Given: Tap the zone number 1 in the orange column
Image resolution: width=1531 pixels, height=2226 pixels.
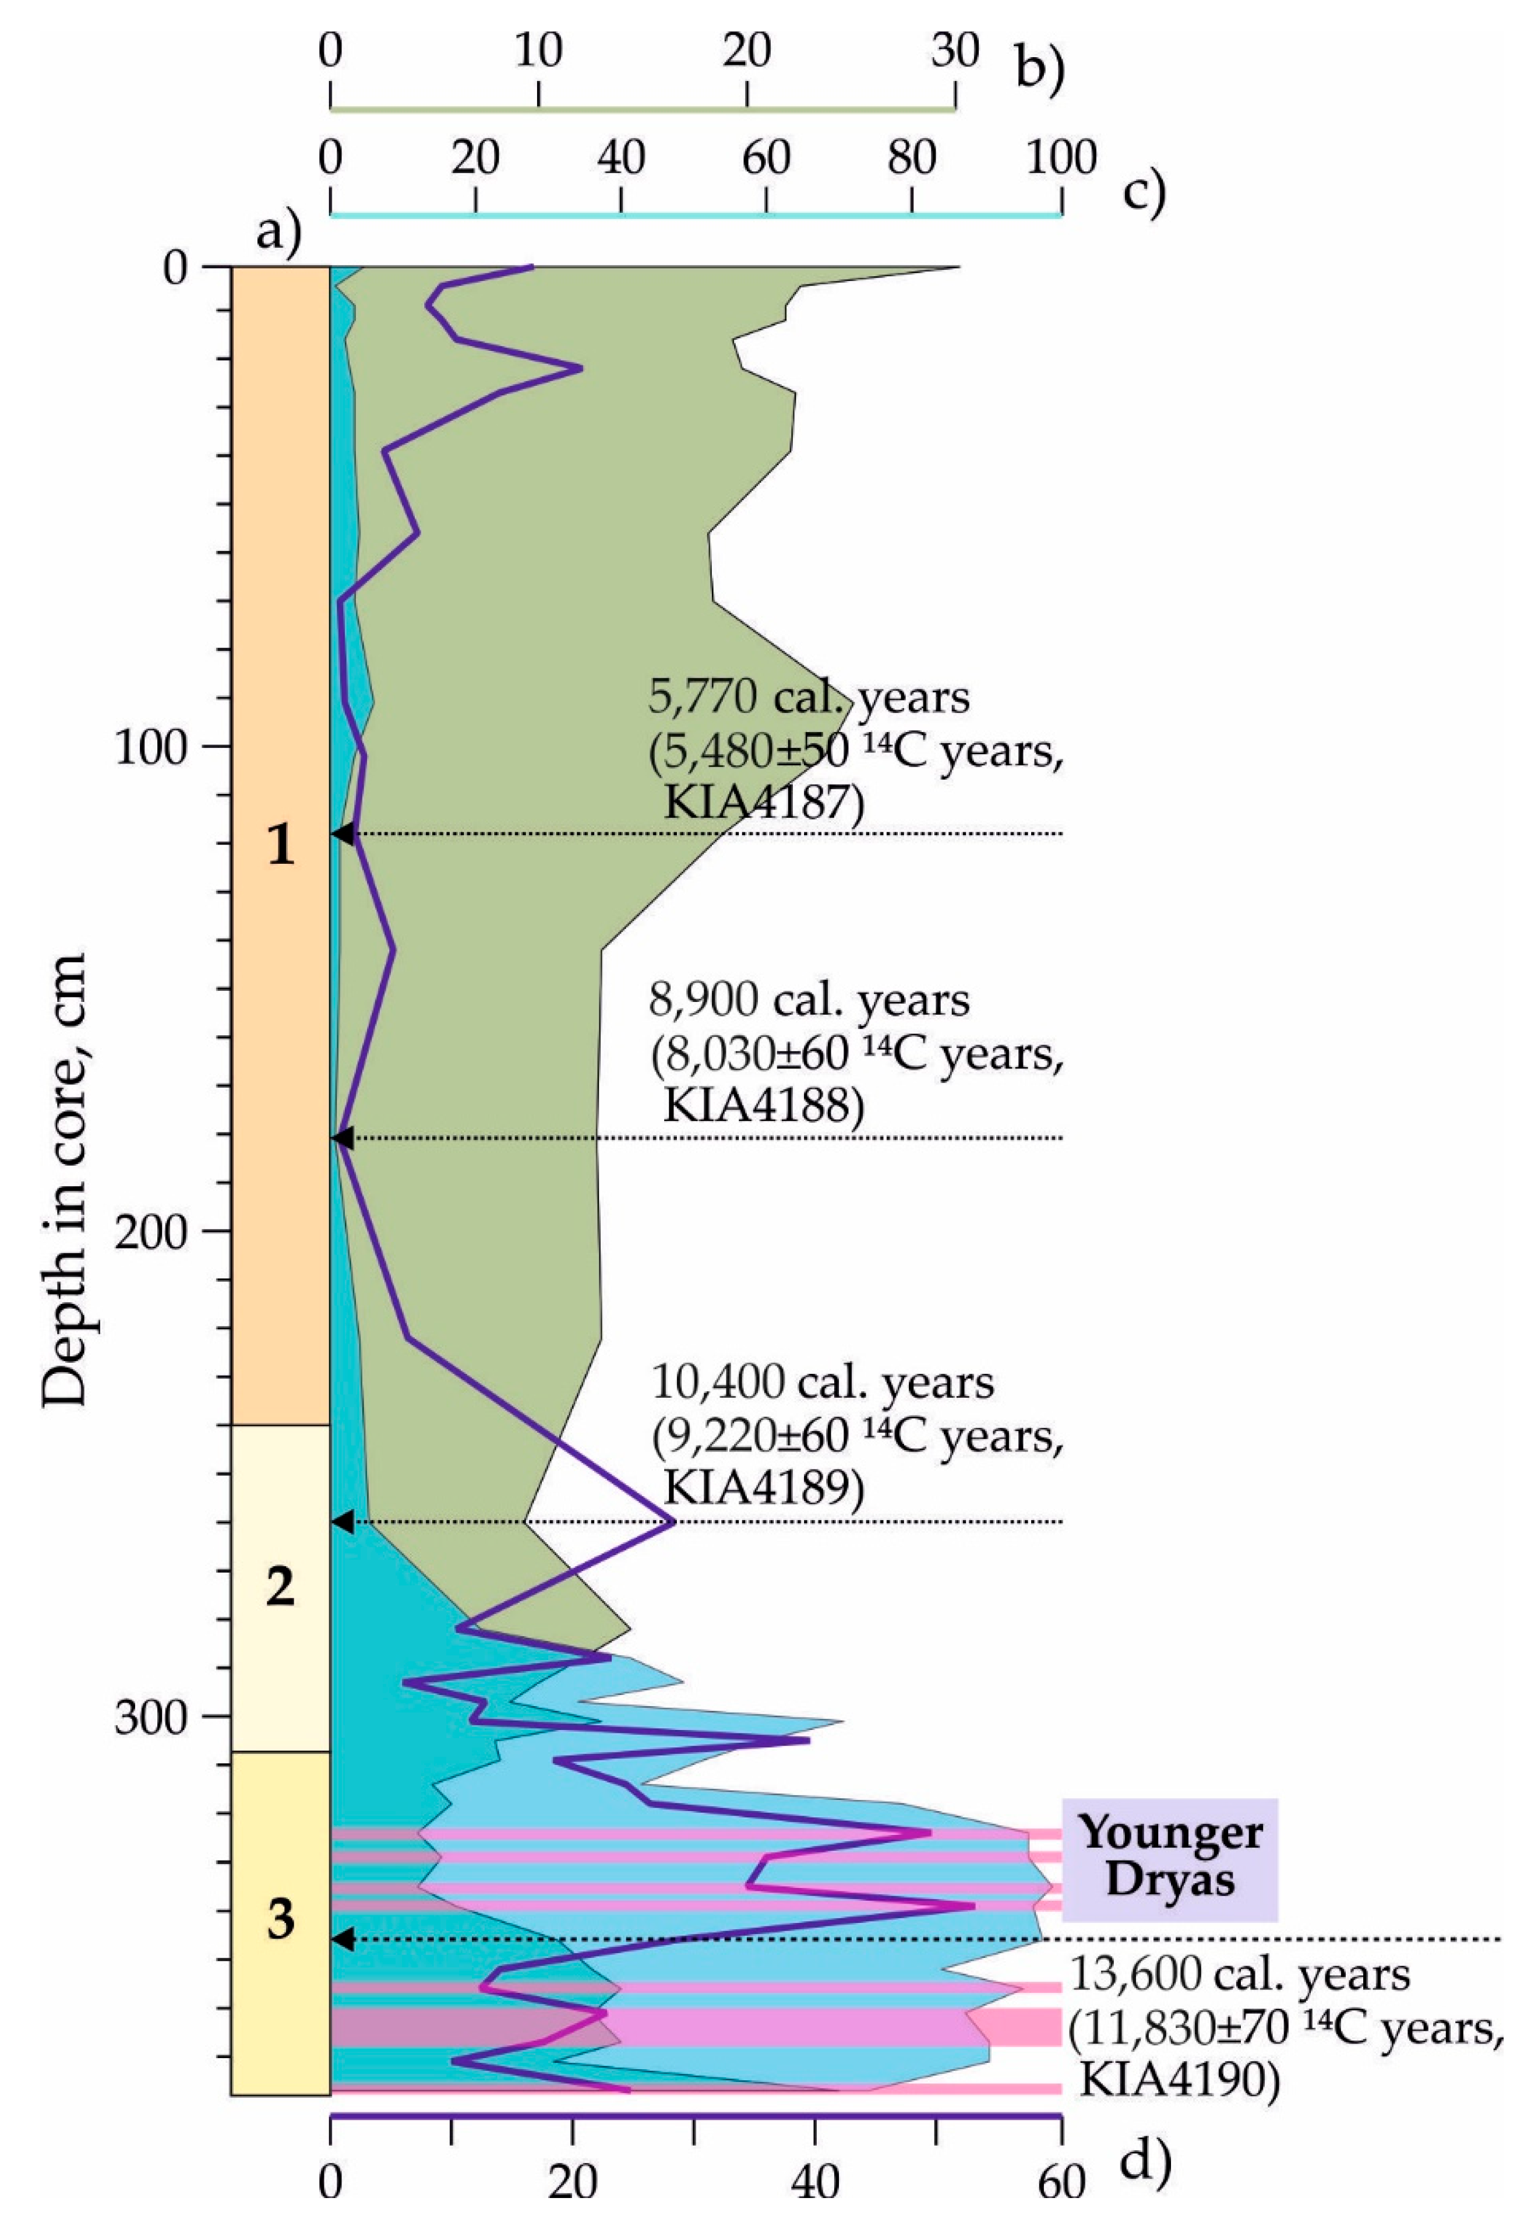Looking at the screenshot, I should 280,845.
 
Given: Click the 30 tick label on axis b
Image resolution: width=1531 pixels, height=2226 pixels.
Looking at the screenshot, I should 954,51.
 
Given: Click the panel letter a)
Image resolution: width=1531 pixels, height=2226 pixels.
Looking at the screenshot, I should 279,230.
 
